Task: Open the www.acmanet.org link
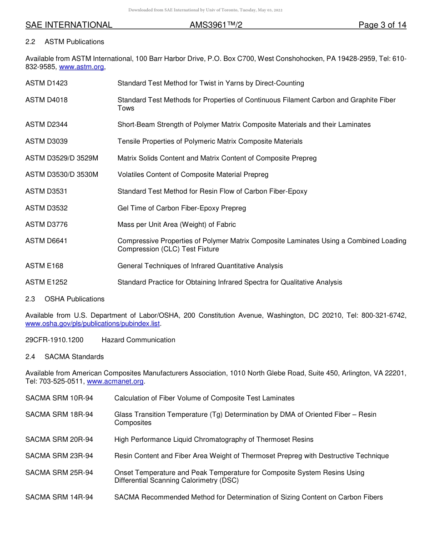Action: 115,381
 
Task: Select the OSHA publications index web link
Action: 93,324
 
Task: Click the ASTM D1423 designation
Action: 46,83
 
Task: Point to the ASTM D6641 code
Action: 46,241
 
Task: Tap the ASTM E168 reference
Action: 45,266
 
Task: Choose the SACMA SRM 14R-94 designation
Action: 59,497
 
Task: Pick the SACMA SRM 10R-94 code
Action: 59,398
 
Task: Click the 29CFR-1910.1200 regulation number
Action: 55,340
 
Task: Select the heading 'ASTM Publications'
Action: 74,42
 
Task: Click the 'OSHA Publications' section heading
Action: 74,299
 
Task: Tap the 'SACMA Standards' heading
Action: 74,357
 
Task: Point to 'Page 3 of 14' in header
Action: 382,25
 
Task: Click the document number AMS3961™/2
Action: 216,25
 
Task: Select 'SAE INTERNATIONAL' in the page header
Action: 69,25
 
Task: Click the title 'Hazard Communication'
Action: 138,340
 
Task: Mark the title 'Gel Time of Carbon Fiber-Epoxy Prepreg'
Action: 181,208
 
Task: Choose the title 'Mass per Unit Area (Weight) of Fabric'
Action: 176,225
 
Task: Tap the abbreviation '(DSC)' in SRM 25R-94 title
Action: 229,480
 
